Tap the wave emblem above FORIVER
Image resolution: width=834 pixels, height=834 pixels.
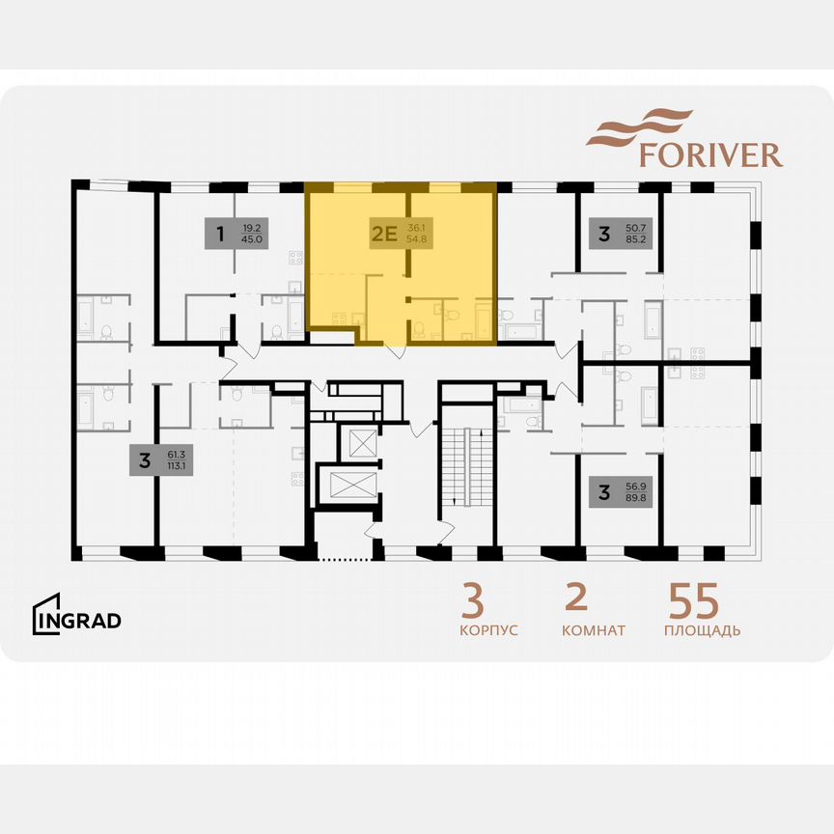tap(640, 127)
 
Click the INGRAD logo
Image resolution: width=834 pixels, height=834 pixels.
tap(77, 619)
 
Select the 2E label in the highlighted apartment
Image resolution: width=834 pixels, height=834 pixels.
tap(385, 233)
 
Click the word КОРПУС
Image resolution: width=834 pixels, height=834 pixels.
tap(488, 630)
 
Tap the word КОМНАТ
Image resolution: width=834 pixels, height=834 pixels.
tap(593, 630)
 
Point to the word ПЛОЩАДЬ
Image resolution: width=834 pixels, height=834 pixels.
tap(702, 630)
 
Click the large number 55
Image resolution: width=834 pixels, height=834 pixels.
tap(693, 601)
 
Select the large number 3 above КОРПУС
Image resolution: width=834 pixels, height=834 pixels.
tap(472, 601)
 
